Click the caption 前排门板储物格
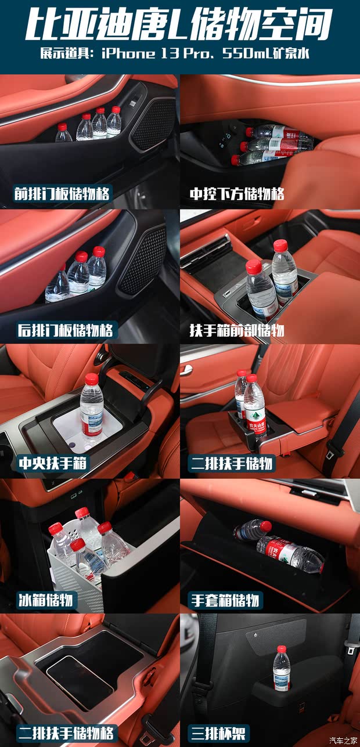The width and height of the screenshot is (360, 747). [x=62, y=193]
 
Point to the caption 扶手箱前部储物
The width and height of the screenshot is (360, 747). [x=237, y=330]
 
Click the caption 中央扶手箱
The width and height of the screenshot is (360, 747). [x=53, y=464]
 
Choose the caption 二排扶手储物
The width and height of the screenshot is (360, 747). [x=231, y=464]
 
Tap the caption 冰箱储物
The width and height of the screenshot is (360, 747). [x=45, y=600]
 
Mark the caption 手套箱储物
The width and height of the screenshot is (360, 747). [x=225, y=600]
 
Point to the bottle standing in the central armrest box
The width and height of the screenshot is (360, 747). [x=91, y=406]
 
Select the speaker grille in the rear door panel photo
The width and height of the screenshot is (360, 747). [x=142, y=259]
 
